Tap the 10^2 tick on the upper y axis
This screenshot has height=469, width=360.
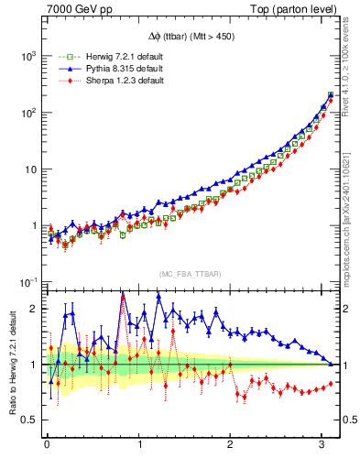28,113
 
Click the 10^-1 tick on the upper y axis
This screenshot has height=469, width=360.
28,282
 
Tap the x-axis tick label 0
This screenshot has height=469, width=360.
48,444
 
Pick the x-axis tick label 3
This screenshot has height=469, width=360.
322,444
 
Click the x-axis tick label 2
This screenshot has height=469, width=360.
230,444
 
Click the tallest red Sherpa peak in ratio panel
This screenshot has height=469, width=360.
123,295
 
